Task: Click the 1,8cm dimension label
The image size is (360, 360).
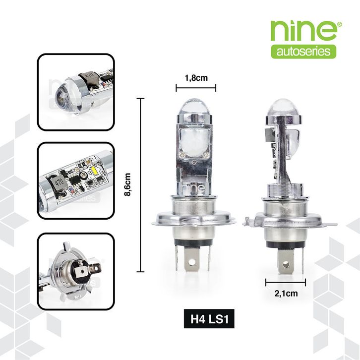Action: [x=196, y=78]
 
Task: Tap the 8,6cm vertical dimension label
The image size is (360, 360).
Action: [x=127, y=184]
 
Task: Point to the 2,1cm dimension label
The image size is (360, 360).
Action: [x=286, y=294]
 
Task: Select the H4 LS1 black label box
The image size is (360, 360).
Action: [x=209, y=319]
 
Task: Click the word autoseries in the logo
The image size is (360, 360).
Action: [x=303, y=52]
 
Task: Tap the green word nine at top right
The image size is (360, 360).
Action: [x=303, y=31]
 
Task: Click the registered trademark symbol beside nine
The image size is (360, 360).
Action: [x=340, y=24]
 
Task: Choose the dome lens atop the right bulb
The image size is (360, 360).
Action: [x=284, y=107]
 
